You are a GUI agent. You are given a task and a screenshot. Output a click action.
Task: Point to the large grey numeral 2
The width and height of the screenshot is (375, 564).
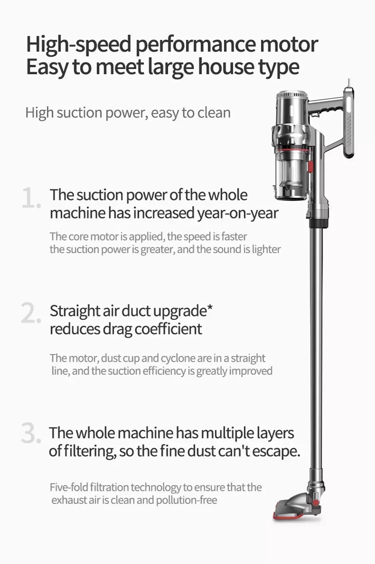(x=30, y=313)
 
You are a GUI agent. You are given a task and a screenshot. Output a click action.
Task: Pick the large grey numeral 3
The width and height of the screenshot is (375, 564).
(x=30, y=433)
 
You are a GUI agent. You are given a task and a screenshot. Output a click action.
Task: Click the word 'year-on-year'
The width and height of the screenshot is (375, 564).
(x=238, y=214)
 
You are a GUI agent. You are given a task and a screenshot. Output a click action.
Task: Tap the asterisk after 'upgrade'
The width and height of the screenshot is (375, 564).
(x=209, y=308)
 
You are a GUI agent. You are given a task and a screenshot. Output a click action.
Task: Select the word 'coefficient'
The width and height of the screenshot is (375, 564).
(x=168, y=329)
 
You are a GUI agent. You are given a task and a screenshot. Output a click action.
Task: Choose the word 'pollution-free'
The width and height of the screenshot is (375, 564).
(x=187, y=500)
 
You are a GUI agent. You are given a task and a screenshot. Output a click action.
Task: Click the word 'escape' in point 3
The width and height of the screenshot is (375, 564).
(x=276, y=451)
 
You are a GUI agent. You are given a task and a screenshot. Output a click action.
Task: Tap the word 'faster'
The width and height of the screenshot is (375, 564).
(x=234, y=237)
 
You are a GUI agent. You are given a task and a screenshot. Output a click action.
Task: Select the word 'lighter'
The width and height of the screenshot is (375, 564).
(x=266, y=249)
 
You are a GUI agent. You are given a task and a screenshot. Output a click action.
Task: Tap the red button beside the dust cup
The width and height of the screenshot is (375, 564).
(x=311, y=166)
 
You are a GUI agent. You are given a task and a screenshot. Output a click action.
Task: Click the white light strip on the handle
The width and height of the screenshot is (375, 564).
(x=349, y=105)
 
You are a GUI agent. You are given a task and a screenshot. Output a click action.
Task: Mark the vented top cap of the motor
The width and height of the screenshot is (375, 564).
(x=292, y=96)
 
